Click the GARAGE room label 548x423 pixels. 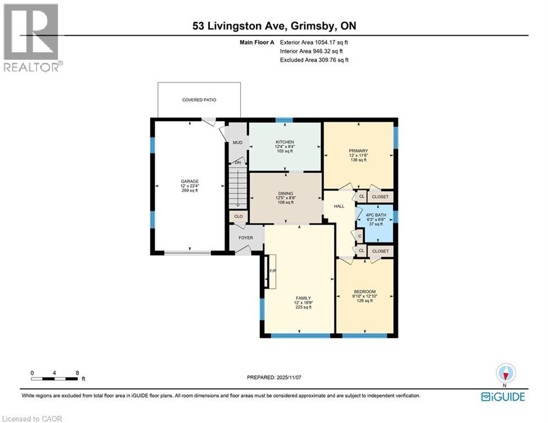190,181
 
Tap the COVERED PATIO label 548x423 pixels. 199,100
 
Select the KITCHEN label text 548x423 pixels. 285,142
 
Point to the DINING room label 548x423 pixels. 285,193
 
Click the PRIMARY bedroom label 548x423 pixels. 358,151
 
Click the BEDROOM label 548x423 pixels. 364,291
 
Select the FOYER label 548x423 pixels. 246,238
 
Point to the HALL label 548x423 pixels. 339,206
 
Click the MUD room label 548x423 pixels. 237,142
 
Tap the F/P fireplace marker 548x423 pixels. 272,271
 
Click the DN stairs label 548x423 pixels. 237,162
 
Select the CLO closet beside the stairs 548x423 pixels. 238,216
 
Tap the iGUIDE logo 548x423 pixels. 503,397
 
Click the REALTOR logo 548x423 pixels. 31,37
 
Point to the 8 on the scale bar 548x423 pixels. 77,373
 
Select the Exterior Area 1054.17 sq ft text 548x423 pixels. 314,42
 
